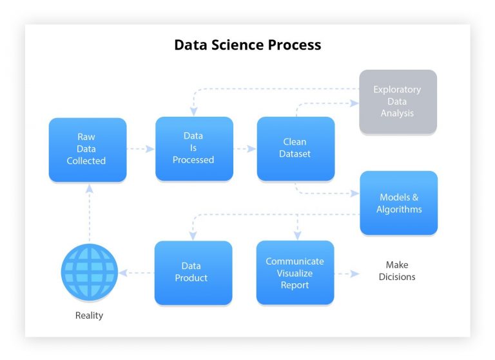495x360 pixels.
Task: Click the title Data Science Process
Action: point(247,45)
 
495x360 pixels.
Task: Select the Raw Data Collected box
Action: point(87,149)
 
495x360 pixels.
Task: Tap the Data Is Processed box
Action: point(193,148)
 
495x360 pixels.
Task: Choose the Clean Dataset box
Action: point(295,148)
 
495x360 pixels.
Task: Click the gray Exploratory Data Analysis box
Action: point(397,101)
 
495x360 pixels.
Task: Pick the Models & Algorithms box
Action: point(398,203)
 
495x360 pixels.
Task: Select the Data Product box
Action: point(193,272)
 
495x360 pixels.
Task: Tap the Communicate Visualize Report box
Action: point(295,272)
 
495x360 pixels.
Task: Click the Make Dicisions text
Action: point(397,271)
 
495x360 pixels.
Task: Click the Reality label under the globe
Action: point(89,315)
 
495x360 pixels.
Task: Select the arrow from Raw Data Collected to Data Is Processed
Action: point(141,148)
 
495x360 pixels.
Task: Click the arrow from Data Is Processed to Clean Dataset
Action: point(244,148)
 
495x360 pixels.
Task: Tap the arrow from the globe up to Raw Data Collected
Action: point(89,213)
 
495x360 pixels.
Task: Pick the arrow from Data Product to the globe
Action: point(136,273)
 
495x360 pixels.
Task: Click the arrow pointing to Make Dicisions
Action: point(347,274)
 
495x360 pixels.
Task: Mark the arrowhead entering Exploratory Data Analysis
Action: point(354,102)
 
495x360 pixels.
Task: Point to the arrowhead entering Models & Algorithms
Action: point(354,194)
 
